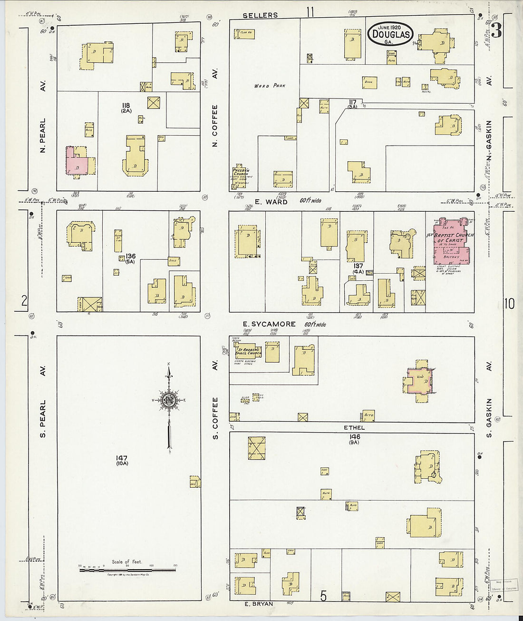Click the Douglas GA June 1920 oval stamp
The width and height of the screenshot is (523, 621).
pyautogui.click(x=390, y=34)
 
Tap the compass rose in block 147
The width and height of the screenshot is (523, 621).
pyautogui.click(x=169, y=401)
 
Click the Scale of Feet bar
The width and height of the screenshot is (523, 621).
pyautogui.click(x=127, y=569)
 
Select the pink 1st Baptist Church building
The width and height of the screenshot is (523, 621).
pyautogui.click(x=451, y=242)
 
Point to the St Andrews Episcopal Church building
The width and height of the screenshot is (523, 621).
pyautogui.click(x=248, y=353)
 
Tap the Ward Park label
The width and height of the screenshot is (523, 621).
pyautogui.click(x=270, y=86)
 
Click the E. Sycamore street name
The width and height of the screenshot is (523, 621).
pyautogui.click(x=269, y=324)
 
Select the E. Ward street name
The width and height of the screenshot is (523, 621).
pyautogui.click(x=271, y=202)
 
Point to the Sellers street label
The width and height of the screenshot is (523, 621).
pyautogui.click(x=260, y=15)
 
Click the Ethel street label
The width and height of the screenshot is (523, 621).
pyautogui.click(x=354, y=428)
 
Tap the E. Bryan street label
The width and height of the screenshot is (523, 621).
pyautogui.click(x=259, y=604)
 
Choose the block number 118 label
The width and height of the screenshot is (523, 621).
pyautogui.click(x=126, y=106)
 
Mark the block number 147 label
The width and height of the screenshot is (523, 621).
pyautogui.click(x=122, y=458)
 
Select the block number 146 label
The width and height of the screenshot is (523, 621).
pyautogui.click(x=354, y=436)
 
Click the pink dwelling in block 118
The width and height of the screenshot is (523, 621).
pyautogui.click(x=76, y=162)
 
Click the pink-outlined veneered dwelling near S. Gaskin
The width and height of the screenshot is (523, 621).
pyautogui.click(x=418, y=380)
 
